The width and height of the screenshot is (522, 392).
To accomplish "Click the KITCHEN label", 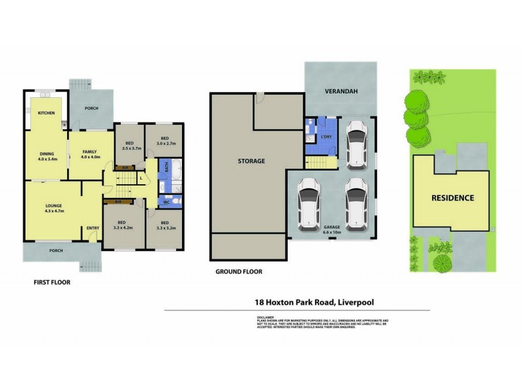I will coord(46,113).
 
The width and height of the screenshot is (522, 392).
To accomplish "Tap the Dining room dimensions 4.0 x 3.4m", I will coord(49,158).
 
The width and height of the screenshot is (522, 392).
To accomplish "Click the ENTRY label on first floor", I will coord(92,228).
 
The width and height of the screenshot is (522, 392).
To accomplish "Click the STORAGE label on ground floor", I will coord(250,161).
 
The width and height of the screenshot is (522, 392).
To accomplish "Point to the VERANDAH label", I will coord(339,92).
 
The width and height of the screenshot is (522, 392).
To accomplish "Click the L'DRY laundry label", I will coord(326,137).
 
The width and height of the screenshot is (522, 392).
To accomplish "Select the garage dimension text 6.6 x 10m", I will coord(332,232).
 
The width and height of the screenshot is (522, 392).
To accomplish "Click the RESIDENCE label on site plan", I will coord(452,197).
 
